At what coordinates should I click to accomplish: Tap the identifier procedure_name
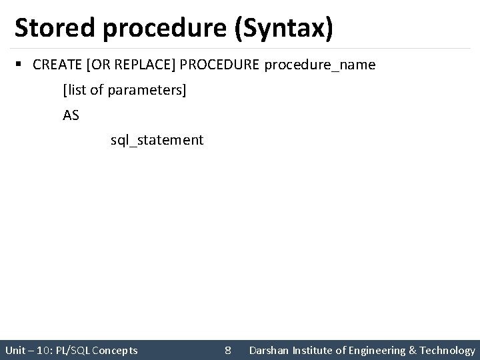click(320, 65)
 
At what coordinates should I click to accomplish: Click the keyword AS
click(71, 115)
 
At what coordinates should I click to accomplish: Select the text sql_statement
click(157, 140)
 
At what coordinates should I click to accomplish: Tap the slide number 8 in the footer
click(228, 350)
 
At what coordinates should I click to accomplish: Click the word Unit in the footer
click(15, 350)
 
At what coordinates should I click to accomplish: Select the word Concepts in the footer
click(116, 350)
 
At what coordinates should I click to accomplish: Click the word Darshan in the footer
click(268, 350)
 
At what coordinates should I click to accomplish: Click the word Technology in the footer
click(448, 350)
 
